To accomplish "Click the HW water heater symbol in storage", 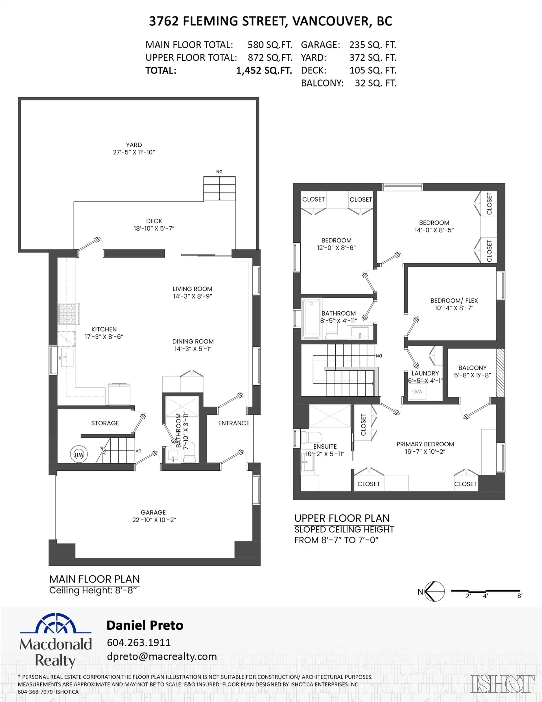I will tap(79, 455).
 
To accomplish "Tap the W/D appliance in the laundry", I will tap(417, 392).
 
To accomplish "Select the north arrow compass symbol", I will tap(435, 592).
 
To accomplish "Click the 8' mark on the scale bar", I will tap(519, 595).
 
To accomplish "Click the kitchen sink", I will tap(67, 357).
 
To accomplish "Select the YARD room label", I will tap(134, 145).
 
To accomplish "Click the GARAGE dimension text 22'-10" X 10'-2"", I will tap(154, 520).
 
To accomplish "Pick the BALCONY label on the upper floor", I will tap(472, 368).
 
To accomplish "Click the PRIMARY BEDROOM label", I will tap(425, 444).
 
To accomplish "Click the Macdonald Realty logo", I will tap(56, 642).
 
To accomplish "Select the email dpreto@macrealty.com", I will tap(161, 656).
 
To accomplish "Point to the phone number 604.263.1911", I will tap(139, 642).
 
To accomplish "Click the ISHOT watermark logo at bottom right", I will tap(502, 684).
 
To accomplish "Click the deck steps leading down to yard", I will tap(219, 189).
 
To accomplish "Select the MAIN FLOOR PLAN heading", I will tap(95, 579).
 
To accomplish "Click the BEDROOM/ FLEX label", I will tap(454, 301).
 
